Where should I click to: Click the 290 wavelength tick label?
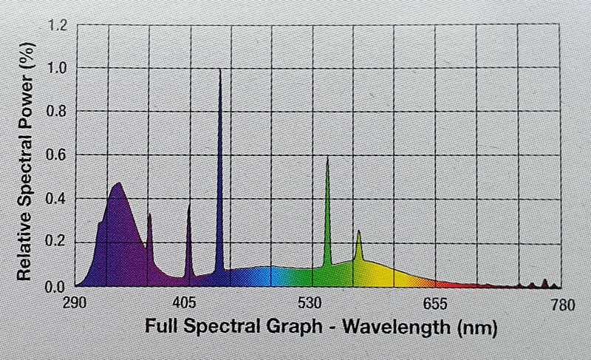(78, 302)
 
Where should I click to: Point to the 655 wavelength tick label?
(437, 302)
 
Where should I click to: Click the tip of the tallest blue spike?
(220, 69)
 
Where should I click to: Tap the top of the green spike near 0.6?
(327, 157)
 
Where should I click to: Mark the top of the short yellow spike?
(359, 231)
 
